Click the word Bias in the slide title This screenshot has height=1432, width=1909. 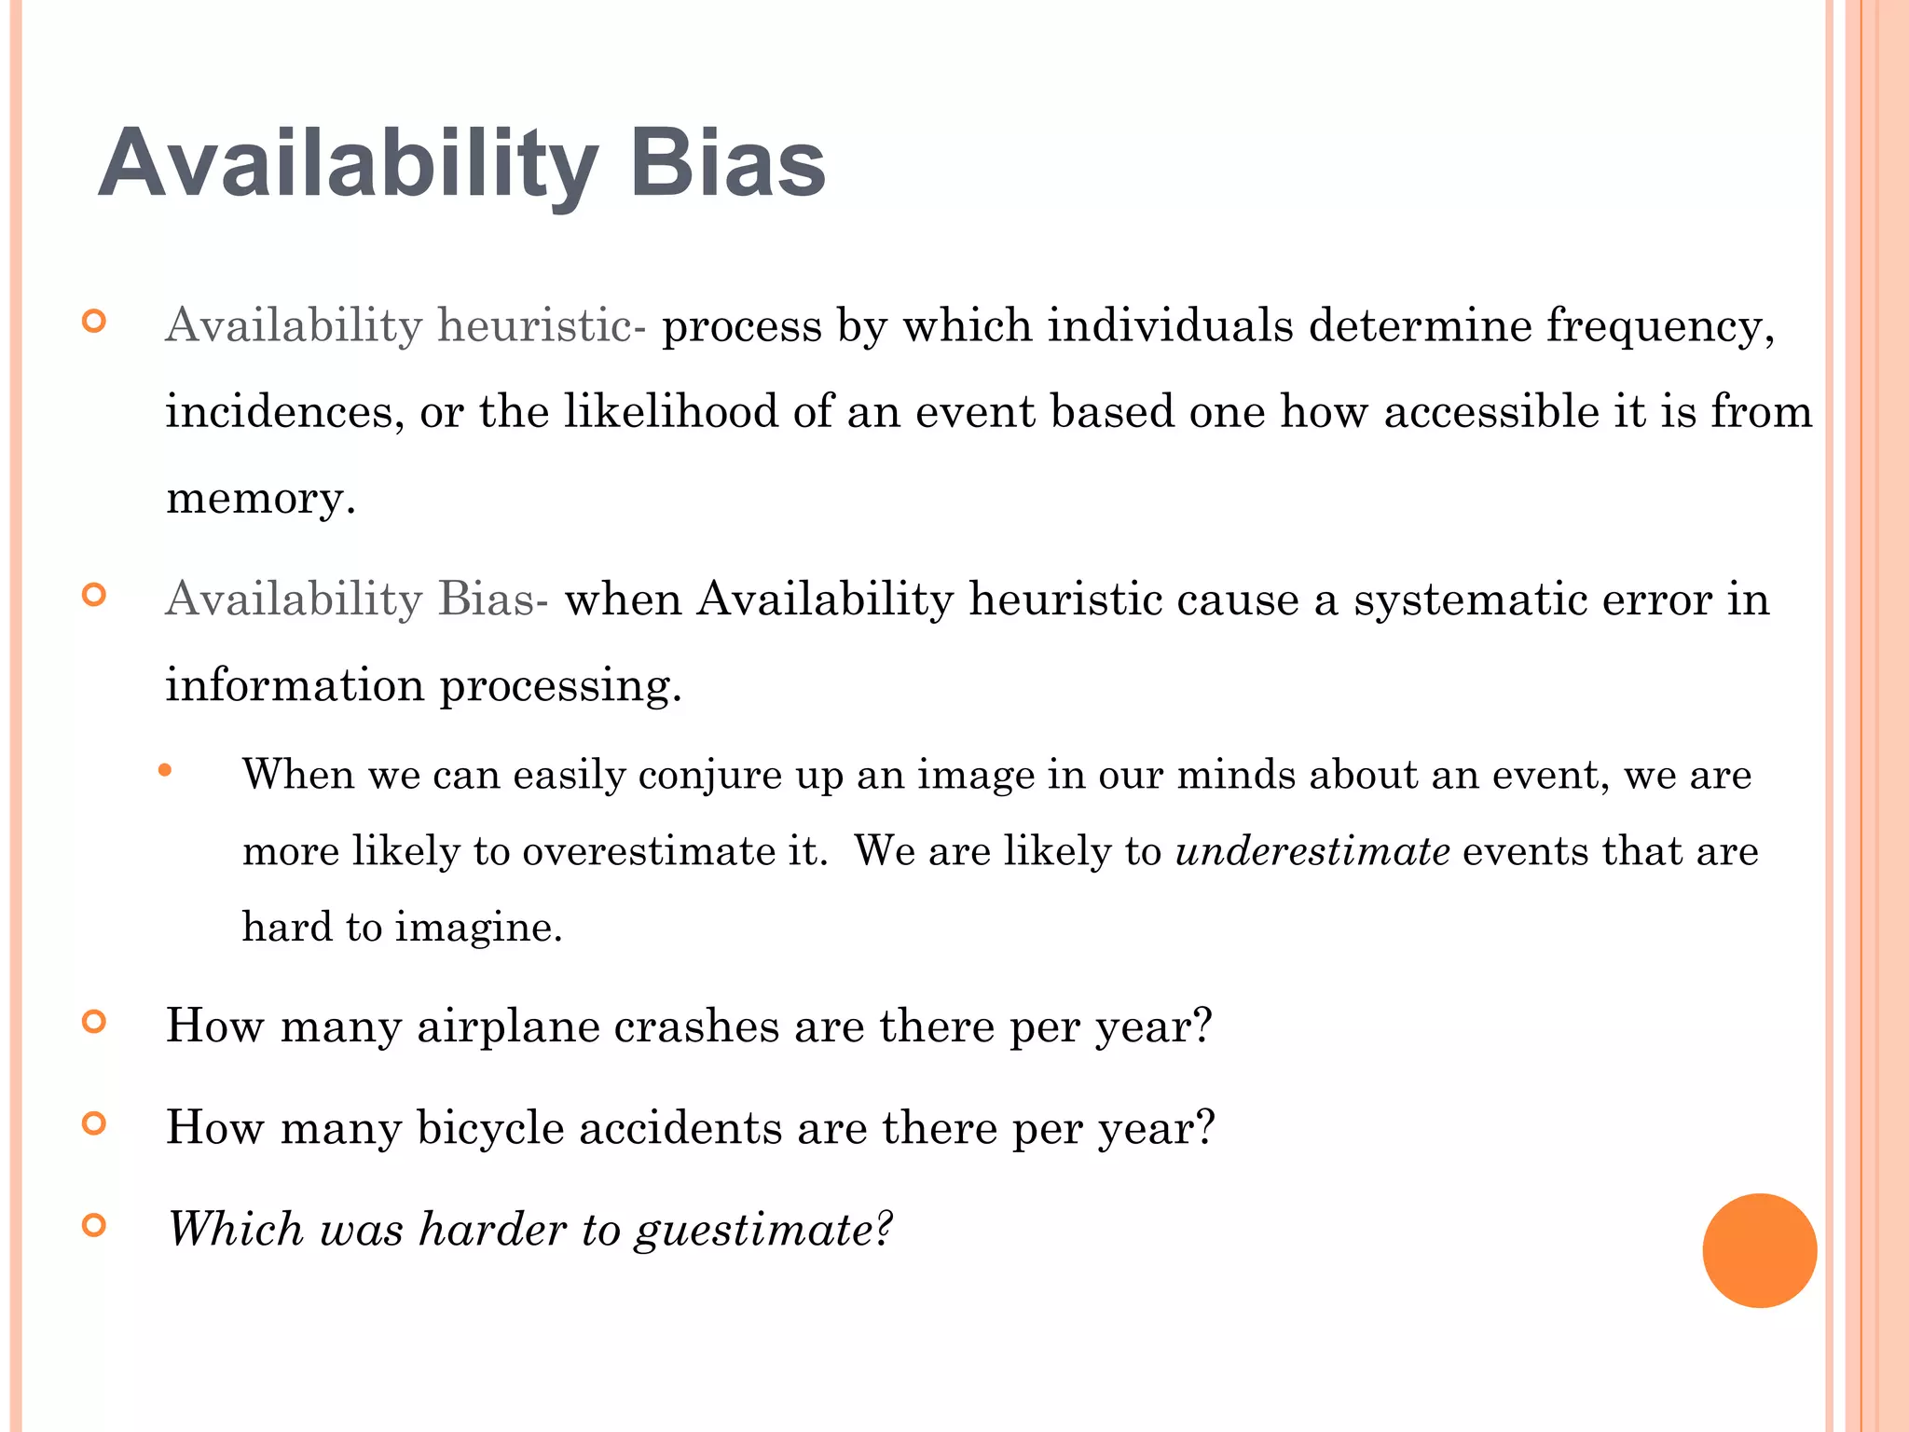click(727, 164)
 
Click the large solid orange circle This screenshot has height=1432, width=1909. click(1759, 1250)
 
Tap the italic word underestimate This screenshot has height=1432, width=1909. click(1312, 851)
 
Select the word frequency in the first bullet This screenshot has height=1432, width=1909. click(1660, 327)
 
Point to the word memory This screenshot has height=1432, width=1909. click(260, 499)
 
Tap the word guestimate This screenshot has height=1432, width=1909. click(763, 1230)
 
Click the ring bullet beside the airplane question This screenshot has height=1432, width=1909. click(94, 1023)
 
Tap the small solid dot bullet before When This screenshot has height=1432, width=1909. click(165, 770)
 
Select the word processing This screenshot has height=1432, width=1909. click(560, 686)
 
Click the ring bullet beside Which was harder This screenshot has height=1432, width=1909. click(94, 1225)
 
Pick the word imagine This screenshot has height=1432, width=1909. click(479, 928)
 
